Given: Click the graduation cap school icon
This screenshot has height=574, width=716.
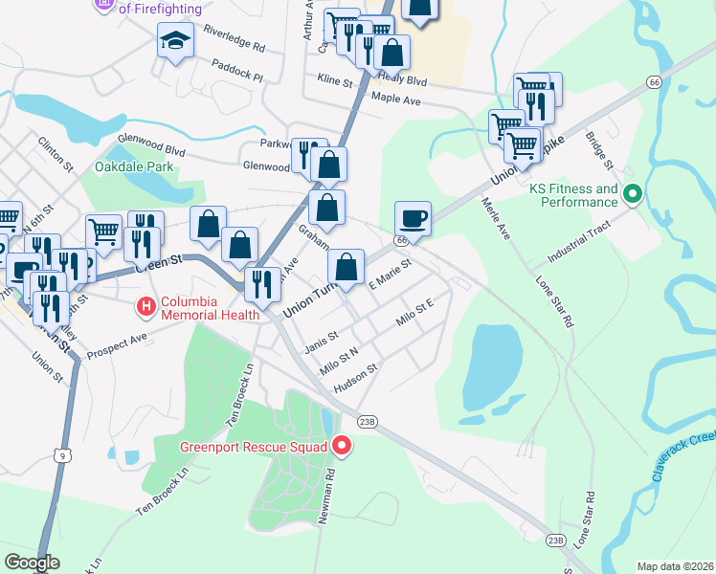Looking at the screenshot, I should click(176, 40).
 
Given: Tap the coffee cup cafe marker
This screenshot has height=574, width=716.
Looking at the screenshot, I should click(413, 217).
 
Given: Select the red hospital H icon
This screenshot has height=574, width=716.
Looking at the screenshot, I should click(145, 307).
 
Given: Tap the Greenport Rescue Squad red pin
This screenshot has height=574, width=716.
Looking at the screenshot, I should click(342, 445).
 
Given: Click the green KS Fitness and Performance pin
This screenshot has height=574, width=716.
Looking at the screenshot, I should click(632, 195).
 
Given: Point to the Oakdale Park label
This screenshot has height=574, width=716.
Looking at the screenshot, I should click(134, 166).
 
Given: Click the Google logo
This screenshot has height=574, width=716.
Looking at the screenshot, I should click(32, 563).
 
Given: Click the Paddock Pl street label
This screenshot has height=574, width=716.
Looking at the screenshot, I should click(237, 67).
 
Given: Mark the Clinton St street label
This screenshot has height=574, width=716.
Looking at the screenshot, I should click(56, 153).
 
